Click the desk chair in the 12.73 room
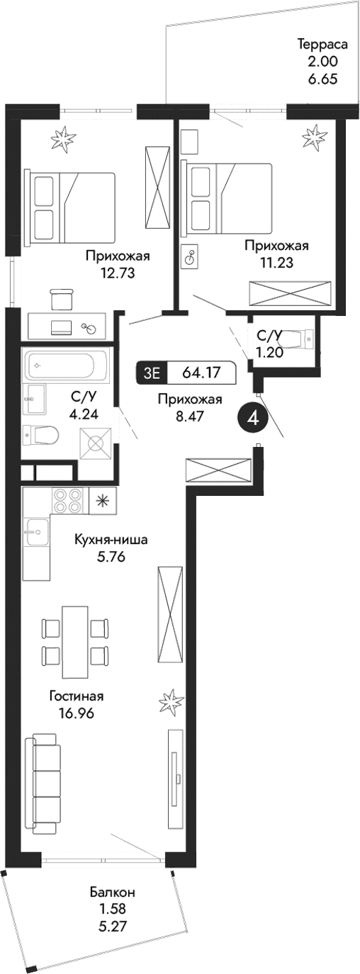[x=62, y=298]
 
